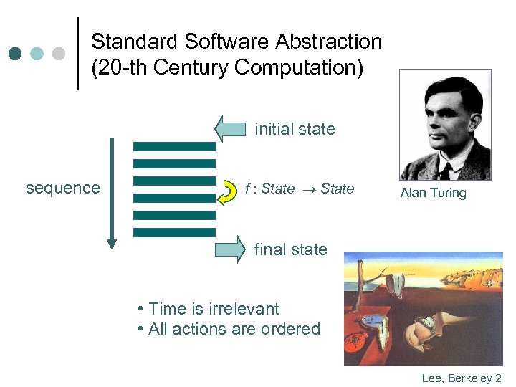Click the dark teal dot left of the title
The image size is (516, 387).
(x=16, y=54)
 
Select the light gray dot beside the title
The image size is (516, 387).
(x=59, y=54)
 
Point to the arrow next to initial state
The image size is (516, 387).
(x=229, y=129)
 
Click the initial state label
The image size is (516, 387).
(x=295, y=129)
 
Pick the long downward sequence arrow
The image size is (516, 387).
(x=111, y=193)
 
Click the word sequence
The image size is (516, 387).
(x=63, y=188)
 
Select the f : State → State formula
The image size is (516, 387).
(x=300, y=188)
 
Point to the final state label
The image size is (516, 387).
(x=290, y=249)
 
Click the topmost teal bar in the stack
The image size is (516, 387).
(x=174, y=146)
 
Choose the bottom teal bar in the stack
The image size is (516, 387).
(x=174, y=232)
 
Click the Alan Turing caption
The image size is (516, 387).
(x=433, y=193)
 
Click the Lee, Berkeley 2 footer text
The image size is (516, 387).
(x=462, y=377)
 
